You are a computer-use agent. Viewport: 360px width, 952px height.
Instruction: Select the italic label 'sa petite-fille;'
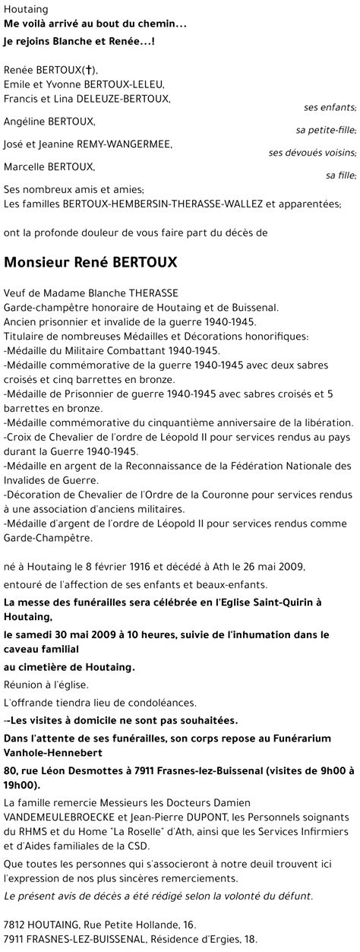[x=327, y=130]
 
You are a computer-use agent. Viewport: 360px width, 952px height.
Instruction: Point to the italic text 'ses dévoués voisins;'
[x=312, y=153]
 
